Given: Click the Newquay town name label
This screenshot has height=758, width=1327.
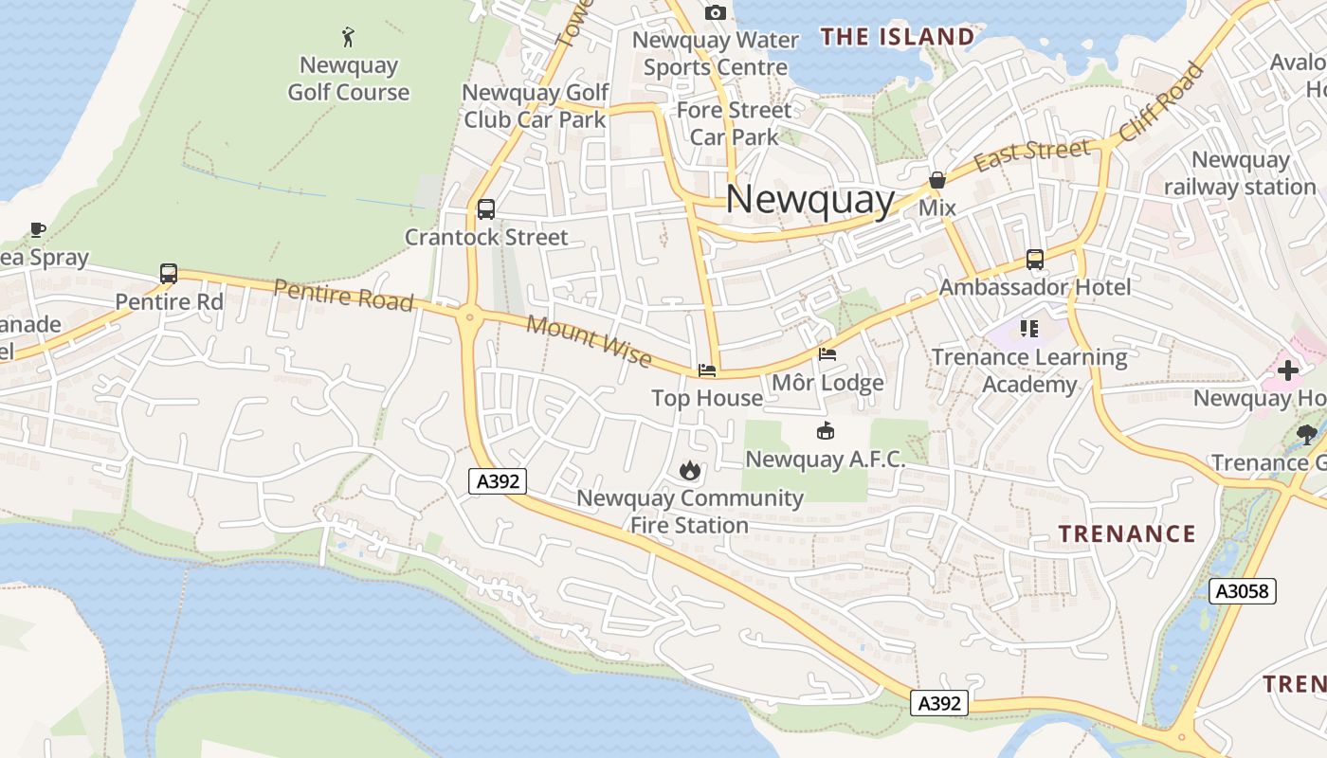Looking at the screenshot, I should (810, 200).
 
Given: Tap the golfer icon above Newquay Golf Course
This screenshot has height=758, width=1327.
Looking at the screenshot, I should (349, 38).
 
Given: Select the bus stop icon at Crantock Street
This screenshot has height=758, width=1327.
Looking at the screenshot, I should (486, 209).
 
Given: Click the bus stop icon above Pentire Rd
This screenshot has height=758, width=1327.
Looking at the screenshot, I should (169, 274).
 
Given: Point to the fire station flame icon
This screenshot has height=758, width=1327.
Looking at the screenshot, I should (689, 470).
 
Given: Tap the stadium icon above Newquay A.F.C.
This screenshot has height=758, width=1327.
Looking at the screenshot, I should (826, 431).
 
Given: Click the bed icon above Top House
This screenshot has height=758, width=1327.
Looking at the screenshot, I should (707, 370).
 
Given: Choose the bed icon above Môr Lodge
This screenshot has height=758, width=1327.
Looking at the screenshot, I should (827, 355).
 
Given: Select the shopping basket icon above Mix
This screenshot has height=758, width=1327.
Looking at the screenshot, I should (937, 180).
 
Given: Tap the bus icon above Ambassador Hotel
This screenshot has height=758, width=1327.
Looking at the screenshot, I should (1035, 259).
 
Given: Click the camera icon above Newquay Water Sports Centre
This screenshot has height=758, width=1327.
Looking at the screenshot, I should (716, 12).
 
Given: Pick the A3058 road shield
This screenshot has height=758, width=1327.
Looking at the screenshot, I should (1243, 591).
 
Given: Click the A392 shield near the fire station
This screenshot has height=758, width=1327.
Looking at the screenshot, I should (498, 481).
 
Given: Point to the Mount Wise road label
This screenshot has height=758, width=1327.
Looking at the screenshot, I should (589, 341).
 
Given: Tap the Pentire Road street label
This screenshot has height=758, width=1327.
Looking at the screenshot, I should (344, 295).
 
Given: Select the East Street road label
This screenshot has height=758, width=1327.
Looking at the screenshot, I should (1031, 154).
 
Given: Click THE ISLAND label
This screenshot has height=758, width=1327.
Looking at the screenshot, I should (897, 37).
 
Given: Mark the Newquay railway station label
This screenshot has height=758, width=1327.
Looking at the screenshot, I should (1240, 173).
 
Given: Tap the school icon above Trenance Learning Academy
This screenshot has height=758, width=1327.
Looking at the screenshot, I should (1029, 329).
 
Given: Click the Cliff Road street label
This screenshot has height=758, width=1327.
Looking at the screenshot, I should (1162, 102).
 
